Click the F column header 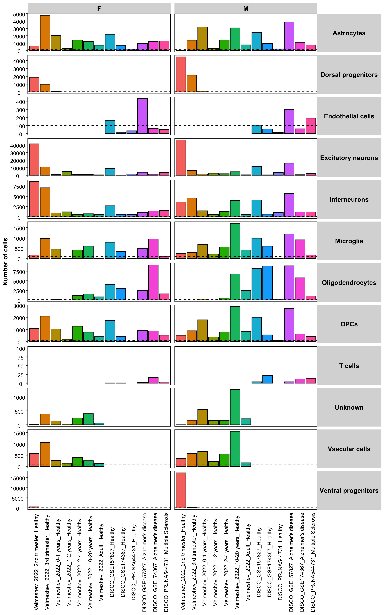click(99, 8)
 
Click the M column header click(246, 8)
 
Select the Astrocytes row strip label click(349, 33)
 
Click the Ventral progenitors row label click(349, 490)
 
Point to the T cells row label click(349, 366)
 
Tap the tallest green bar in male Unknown click(235, 407)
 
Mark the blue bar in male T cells click(267, 379)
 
